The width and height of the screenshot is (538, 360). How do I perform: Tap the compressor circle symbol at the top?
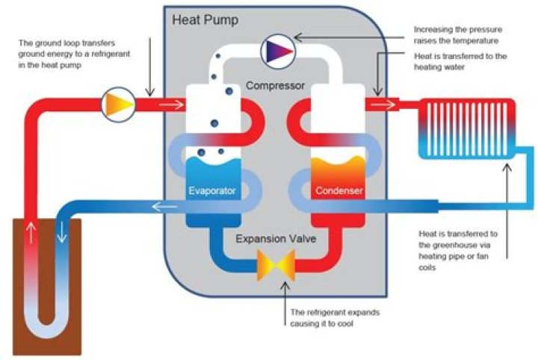click(274, 51)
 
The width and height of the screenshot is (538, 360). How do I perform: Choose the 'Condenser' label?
click(338, 191)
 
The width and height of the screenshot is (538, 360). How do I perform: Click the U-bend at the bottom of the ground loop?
click(46, 329)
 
